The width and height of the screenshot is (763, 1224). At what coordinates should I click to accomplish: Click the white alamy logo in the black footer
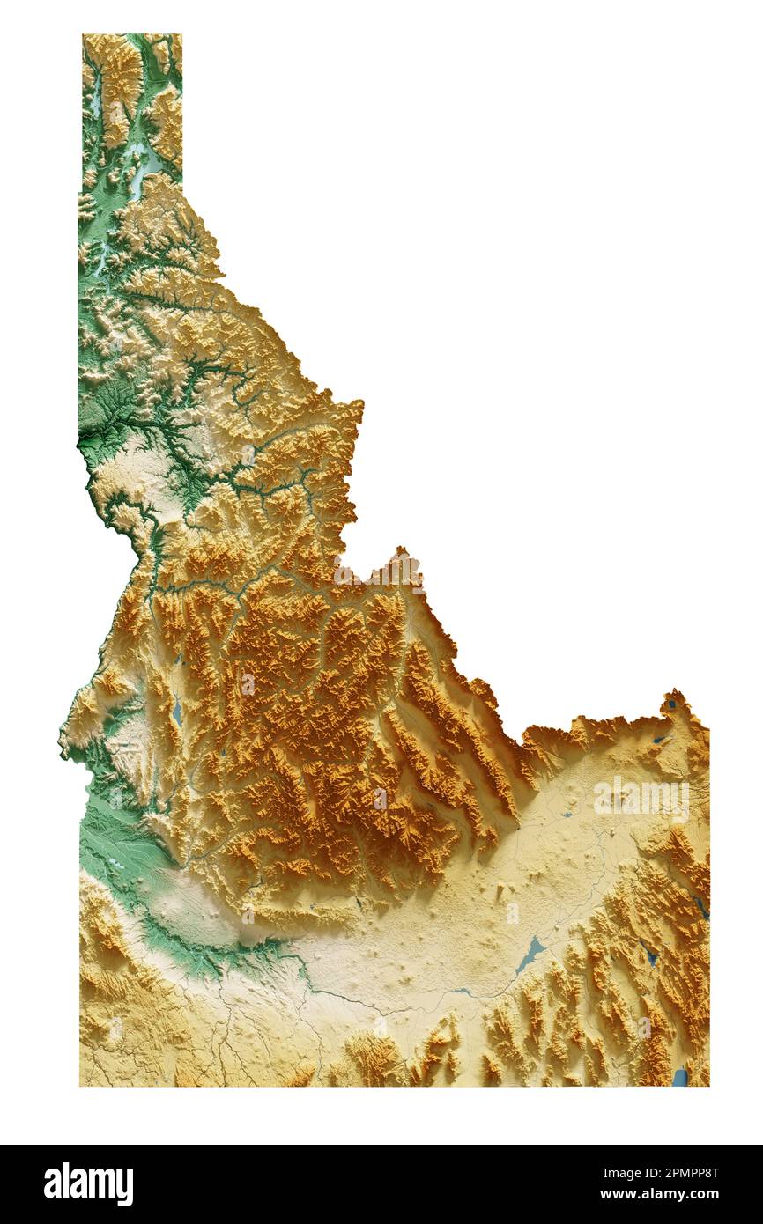click(x=88, y=1184)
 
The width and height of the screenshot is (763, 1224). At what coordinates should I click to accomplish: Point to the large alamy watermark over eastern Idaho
click(x=641, y=800)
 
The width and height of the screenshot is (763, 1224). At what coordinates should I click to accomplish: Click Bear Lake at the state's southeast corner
click(x=679, y=1077)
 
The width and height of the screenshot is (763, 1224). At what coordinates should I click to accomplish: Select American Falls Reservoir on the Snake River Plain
click(x=530, y=955)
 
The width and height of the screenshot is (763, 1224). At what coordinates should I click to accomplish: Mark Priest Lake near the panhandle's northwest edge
click(x=94, y=101)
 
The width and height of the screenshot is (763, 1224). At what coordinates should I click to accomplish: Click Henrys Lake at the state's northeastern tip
click(x=673, y=704)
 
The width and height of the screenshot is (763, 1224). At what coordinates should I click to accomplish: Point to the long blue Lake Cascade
click(x=177, y=709)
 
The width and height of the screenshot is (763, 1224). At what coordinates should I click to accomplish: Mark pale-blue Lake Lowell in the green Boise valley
click(x=115, y=865)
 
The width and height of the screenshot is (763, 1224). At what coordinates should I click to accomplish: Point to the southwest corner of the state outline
click(x=80, y=1085)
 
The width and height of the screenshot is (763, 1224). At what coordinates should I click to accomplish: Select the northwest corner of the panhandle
click(x=83, y=35)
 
